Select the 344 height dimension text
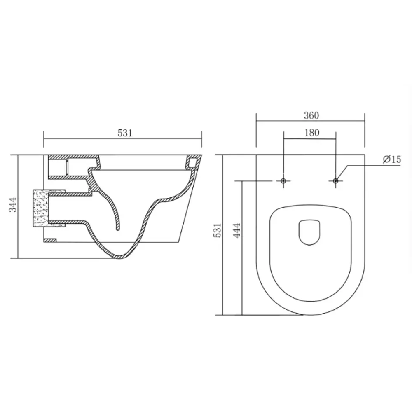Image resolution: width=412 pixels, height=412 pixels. pyautogui.click(x=13, y=205)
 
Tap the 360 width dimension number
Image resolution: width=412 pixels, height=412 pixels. pyautogui.click(x=311, y=115)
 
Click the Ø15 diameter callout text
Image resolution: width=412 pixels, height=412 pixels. pyautogui.click(x=391, y=159)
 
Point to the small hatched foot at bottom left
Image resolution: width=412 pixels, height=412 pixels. pyautogui.click(x=50, y=240)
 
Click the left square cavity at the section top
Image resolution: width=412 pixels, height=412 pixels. pyautogui.click(x=57, y=167)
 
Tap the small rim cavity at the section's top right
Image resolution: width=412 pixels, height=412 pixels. pyautogui.click(x=192, y=162)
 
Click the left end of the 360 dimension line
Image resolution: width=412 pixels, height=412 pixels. pyautogui.click(x=256, y=121)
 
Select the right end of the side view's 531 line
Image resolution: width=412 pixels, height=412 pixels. pyautogui.click(x=201, y=138)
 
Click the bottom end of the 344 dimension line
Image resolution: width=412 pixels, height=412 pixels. pyautogui.click(x=19, y=258)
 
